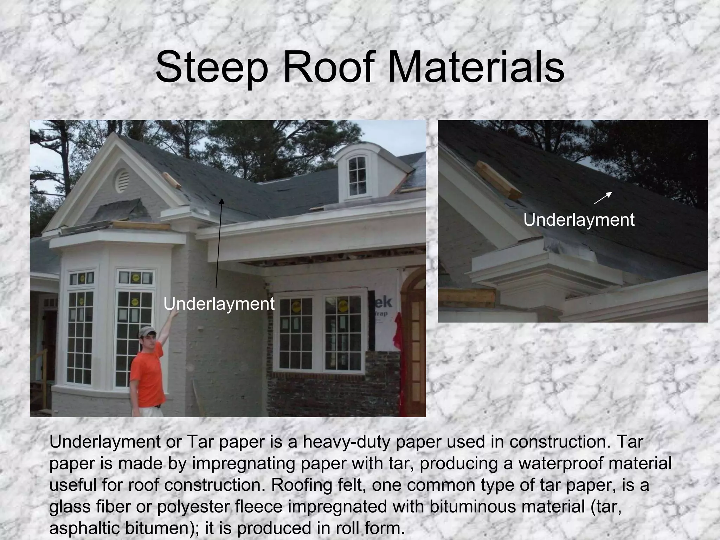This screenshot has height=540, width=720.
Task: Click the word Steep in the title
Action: click(x=211, y=67)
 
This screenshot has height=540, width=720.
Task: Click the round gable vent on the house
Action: click(x=122, y=181)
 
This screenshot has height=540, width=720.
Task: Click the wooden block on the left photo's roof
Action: click(x=171, y=180)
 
